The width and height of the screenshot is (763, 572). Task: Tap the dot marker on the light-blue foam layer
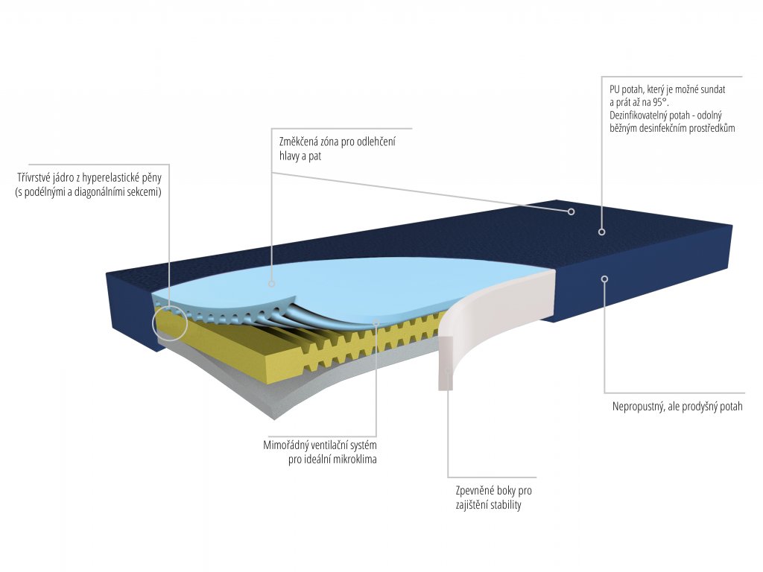click(x=272, y=284)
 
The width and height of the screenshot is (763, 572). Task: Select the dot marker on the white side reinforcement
click(x=448, y=370)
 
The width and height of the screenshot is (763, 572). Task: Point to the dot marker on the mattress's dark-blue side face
click(x=605, y=279)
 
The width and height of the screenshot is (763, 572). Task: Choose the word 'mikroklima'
click(x=352, y=460)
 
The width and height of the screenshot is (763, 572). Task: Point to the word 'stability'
click(x=504, y=505)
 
